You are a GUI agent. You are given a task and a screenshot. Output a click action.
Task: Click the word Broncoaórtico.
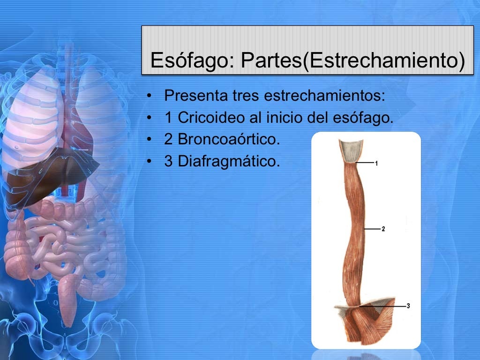pyautogui.click(x=225, y=139)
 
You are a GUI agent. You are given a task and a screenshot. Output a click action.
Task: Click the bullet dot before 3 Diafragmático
pyautogui.click(x=149, y=161)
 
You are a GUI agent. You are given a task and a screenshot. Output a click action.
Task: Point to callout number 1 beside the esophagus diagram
pyautogui.click(x=376, y=163)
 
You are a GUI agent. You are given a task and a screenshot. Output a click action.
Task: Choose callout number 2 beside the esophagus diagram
pyautogui.click(x=383, y=229)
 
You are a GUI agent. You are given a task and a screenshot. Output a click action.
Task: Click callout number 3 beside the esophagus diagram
pyautogui.click(x=408, y=306)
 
